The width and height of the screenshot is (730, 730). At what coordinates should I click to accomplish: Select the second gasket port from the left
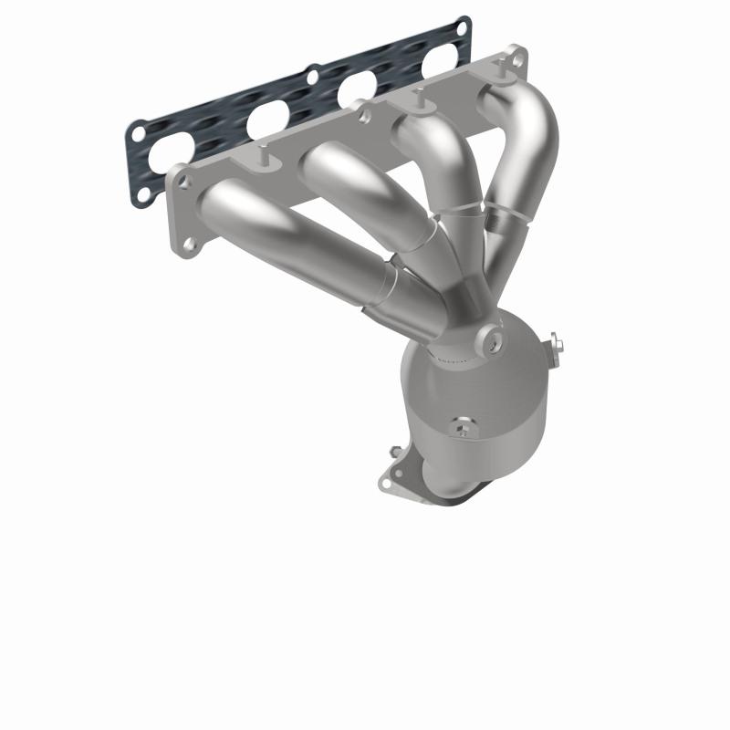[266, 117]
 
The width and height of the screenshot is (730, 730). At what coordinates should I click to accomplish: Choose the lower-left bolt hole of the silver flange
[189, 244]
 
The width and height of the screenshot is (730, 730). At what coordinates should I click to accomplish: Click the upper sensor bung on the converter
[494, 340]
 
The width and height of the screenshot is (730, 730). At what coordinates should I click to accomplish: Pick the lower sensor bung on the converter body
[462, 426]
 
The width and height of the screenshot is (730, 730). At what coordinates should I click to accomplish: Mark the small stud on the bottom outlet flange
[395, 450]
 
